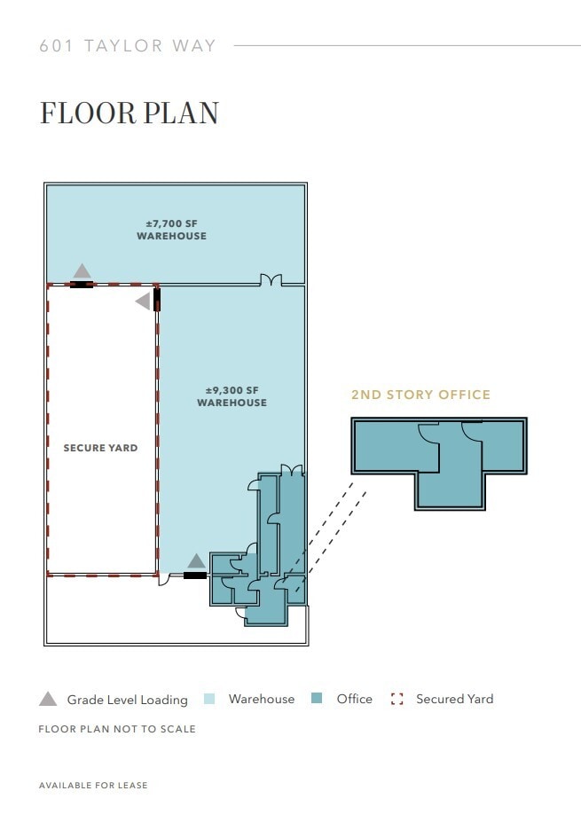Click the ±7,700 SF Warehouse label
click(171, 230)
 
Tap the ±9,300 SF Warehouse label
click(232, 396)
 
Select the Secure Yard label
click(100, 448)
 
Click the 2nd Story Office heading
click(420, 395)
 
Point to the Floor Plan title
click(129, 114)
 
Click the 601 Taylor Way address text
click(128, 46)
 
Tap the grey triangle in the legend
click(48, 699)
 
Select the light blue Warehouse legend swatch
click(210, 699)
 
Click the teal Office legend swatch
click(317, 699)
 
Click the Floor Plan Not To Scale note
click(117, 729)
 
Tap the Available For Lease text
click(93, 786)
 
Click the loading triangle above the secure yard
click(82, 270)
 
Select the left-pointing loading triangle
click(143, 301)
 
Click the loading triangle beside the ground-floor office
click(196, 560)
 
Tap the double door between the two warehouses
click(271, 280)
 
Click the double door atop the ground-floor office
click(291, 469)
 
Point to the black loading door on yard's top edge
click(82, 285)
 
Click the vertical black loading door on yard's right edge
click(157, 299)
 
